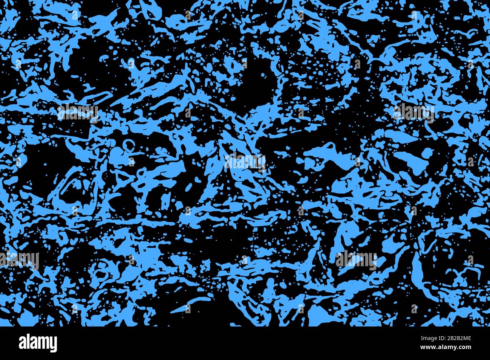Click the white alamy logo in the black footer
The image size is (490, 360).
coord(38,343)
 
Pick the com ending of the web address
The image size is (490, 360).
coord(465,348)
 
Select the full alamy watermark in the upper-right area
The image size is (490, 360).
coord(413,112)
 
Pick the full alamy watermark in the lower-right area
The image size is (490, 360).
coord(356,259)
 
